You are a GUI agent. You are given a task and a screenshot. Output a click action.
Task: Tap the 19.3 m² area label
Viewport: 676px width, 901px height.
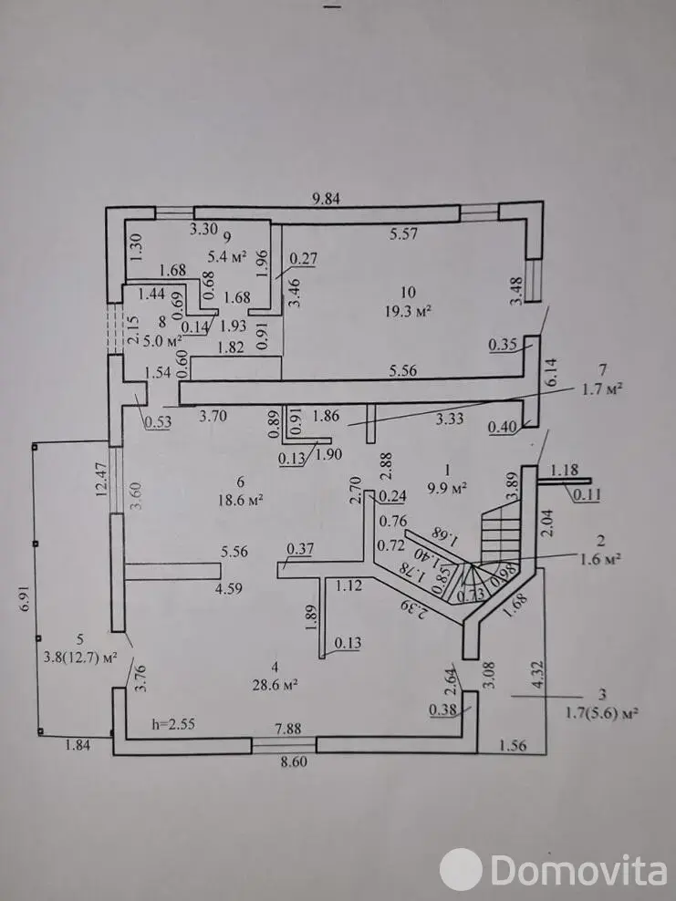tap(408, 310)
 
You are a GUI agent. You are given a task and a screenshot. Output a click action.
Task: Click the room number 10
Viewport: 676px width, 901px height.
tap(408, 292)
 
